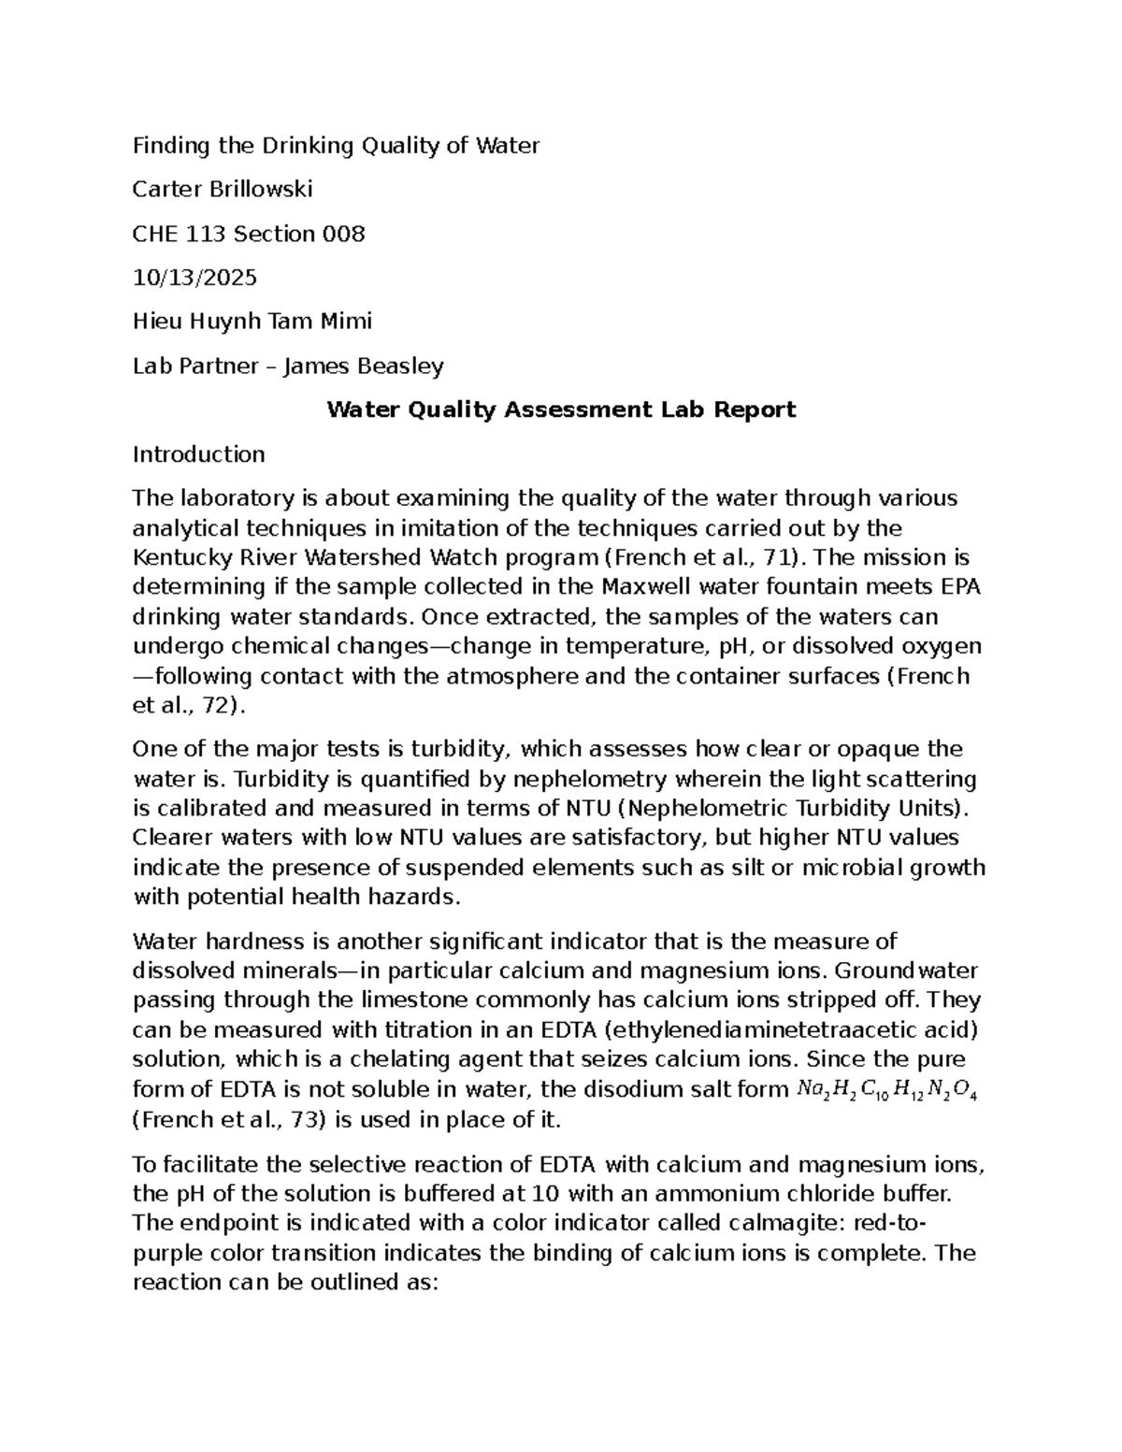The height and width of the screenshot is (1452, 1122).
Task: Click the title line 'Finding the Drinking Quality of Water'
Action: tap(336, 146)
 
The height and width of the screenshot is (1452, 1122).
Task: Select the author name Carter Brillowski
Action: tap(223, 190)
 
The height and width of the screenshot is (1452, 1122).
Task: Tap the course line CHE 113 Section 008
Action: tap(248, 234)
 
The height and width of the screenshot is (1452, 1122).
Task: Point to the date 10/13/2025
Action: tap(194, 278)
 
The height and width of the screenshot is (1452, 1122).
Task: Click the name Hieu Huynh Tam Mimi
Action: tap(252, 322)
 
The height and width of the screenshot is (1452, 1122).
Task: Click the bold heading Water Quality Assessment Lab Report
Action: tap(561, 410)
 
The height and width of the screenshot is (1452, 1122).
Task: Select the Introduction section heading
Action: tap(198, 454)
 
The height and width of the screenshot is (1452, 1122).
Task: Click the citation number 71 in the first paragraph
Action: tap(770, 558)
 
